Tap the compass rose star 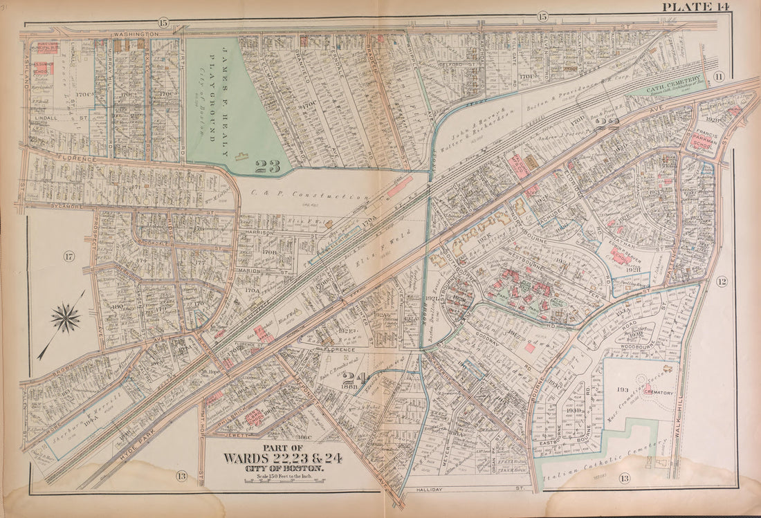coord(66,319)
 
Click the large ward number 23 coord(268,167)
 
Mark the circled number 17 coord(68,257)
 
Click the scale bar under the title coord(282,477)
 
